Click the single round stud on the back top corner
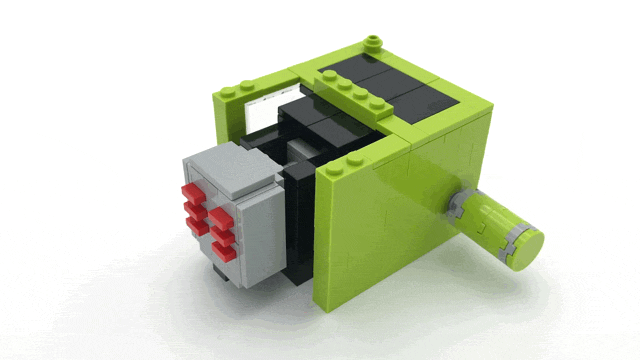click(374, 41)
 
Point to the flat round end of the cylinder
click(524, 246)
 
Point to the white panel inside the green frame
click(263, 112)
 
